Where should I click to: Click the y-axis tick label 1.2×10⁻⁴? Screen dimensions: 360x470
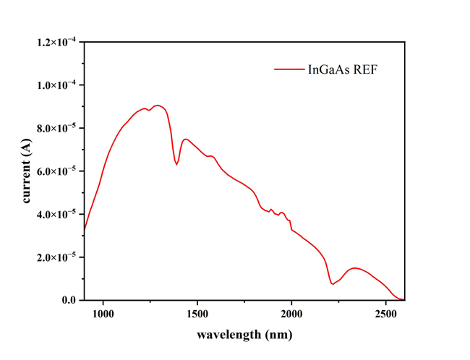coord(59,42)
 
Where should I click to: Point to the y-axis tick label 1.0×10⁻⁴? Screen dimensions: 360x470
coord(59,85)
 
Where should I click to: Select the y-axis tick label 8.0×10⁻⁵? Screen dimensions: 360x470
coord(59,128)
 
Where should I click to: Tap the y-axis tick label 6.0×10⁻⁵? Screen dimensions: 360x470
coord(59,171)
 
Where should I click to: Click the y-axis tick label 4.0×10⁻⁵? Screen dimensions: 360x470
coord(59,214)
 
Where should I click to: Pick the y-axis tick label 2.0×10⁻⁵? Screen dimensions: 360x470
coord(59,257)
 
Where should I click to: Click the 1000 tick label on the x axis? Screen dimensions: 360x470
coord(103,314)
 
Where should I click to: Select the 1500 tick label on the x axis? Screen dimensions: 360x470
coord(197,314)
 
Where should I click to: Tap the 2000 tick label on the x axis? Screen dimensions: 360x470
coord(291,314)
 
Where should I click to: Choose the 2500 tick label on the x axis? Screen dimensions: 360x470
coord(385,314)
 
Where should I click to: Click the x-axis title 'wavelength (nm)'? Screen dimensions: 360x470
coord(244,335)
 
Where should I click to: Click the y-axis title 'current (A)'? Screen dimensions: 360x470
coord(27,171)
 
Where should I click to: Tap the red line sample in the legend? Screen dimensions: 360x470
coord(288,69)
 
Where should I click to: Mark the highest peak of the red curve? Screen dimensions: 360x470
coord(158,106)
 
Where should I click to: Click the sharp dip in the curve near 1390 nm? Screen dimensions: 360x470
coord(176,164)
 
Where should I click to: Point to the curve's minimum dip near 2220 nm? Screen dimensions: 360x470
coord(333,283)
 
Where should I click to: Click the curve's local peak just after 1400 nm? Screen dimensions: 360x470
coord(186,139)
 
